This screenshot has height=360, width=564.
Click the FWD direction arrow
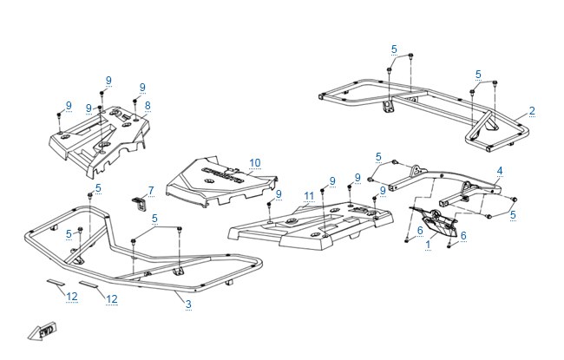[43, 331]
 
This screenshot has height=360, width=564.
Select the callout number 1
[428, 245]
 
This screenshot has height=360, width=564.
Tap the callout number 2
[532, 111]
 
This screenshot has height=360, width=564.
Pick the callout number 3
[188, 304]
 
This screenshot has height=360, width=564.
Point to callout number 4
[500, 171]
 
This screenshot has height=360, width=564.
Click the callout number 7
[151, 191]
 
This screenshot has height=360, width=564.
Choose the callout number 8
[148, 106]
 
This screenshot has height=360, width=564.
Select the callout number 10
[254, 163]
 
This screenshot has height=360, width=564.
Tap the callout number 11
[309, 196]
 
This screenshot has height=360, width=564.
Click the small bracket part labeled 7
[140, 203]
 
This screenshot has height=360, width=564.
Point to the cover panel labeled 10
[221, 181]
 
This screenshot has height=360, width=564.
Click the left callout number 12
[72, 297]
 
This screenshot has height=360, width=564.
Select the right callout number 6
[463, 236]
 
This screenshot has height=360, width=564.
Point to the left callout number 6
[420, 230]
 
